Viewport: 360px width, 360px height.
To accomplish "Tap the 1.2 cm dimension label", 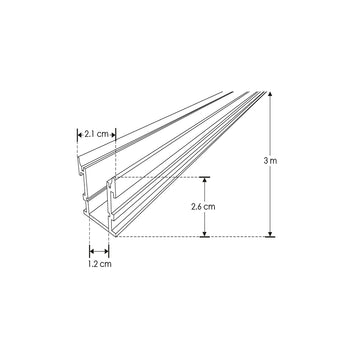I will click(x=98, y=267).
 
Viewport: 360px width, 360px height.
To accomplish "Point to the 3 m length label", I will click(x=290, y=159).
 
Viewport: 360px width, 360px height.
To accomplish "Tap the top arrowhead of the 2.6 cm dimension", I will click(x=205, y=180).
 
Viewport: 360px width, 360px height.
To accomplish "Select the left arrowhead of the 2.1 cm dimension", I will click(x=80, y=131).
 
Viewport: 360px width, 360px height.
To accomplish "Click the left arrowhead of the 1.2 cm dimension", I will click(x=92, y=251).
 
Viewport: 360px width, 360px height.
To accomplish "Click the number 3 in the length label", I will click(x=285, y=159).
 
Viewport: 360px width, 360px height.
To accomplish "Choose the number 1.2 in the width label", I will click(x=92, y=267).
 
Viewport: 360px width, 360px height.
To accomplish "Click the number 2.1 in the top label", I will click(x=91, y=131).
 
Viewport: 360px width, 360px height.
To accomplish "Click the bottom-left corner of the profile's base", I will click(x=91, y=236).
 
